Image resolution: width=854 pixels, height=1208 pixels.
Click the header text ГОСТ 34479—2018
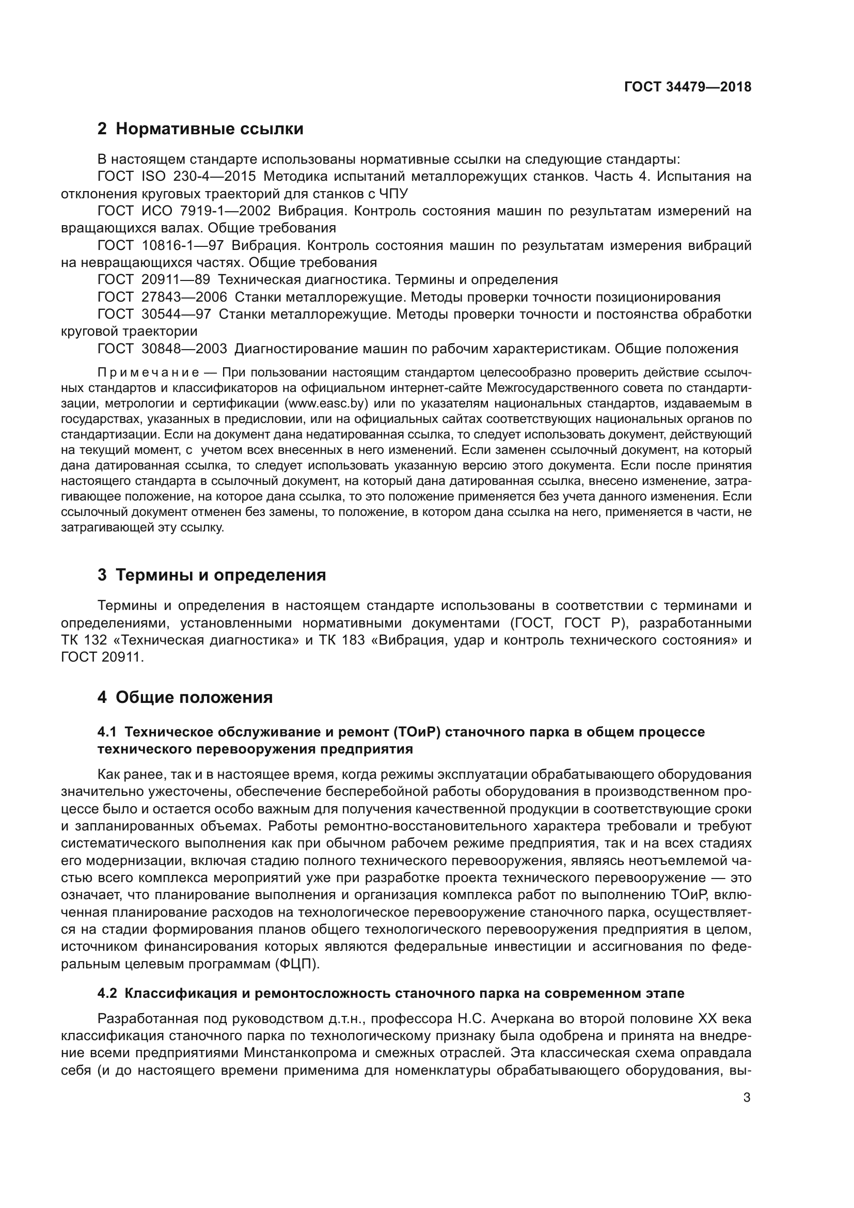click(687, 87)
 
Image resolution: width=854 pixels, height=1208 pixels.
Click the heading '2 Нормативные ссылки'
click(200, 129)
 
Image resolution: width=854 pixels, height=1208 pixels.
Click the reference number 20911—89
click(176, 279)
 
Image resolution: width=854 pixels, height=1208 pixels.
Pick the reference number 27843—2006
click(184, 297)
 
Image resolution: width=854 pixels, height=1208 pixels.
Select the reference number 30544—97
click(176, 314)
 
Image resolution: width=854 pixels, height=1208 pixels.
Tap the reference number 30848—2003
click(184, 348)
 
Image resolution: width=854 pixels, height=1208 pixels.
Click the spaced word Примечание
click(148, 373)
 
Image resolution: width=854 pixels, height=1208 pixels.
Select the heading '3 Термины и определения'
click(211, 575)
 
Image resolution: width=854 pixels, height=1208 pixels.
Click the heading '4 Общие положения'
click(185, 698)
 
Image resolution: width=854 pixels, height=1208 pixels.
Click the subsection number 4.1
click(107, 732)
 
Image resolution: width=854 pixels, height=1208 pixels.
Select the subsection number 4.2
click(107, 993)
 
